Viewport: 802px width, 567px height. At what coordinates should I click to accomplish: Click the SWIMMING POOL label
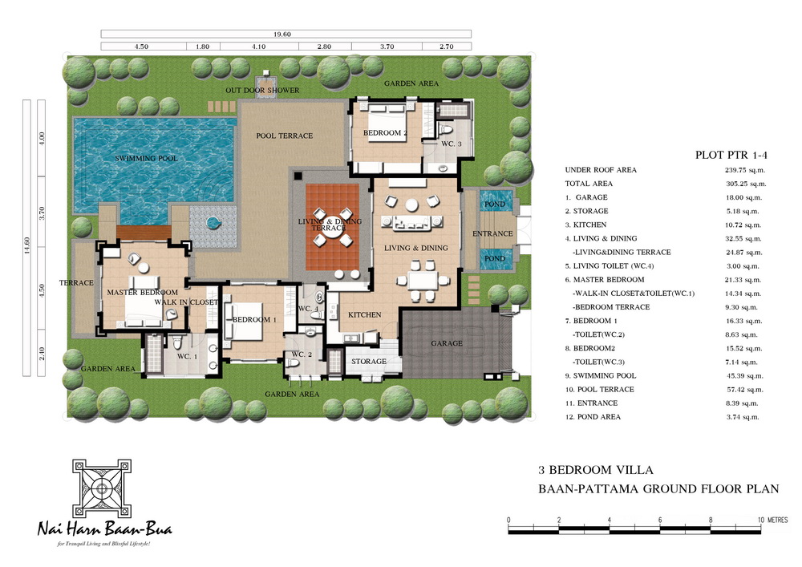coord(146,159)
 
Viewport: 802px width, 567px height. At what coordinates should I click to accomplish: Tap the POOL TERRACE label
coord(285,136)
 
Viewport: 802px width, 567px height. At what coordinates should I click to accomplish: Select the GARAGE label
coord(447,343)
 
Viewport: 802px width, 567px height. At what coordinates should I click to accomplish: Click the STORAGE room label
coord(369,362)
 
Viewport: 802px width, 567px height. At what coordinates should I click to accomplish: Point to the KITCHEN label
coord(365,315)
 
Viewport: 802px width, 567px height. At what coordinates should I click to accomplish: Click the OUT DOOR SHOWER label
coord(262,91)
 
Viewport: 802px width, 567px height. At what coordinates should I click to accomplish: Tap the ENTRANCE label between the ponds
coord(492,233)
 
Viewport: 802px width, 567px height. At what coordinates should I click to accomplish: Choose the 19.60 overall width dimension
coord(282,34)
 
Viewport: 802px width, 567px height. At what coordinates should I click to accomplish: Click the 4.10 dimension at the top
coord(259,47)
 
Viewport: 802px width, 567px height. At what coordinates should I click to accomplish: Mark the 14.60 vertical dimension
coord(27,245)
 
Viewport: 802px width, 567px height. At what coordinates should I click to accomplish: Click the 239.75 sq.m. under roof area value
coord(745,170)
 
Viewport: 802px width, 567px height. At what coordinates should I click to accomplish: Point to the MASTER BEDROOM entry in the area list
coord(605,280)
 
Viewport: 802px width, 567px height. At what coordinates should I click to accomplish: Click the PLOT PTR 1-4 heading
coord(731,155)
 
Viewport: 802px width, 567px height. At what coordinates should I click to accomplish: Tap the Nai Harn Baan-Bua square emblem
coord(102,488)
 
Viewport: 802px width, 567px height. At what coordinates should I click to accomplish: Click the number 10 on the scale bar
coord(761,520)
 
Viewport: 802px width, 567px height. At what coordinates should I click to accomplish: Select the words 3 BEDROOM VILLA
coord(595,470)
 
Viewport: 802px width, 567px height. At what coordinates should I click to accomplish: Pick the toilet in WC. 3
coord(445,131)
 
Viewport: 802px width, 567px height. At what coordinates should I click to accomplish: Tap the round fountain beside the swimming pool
coord(213,223)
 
